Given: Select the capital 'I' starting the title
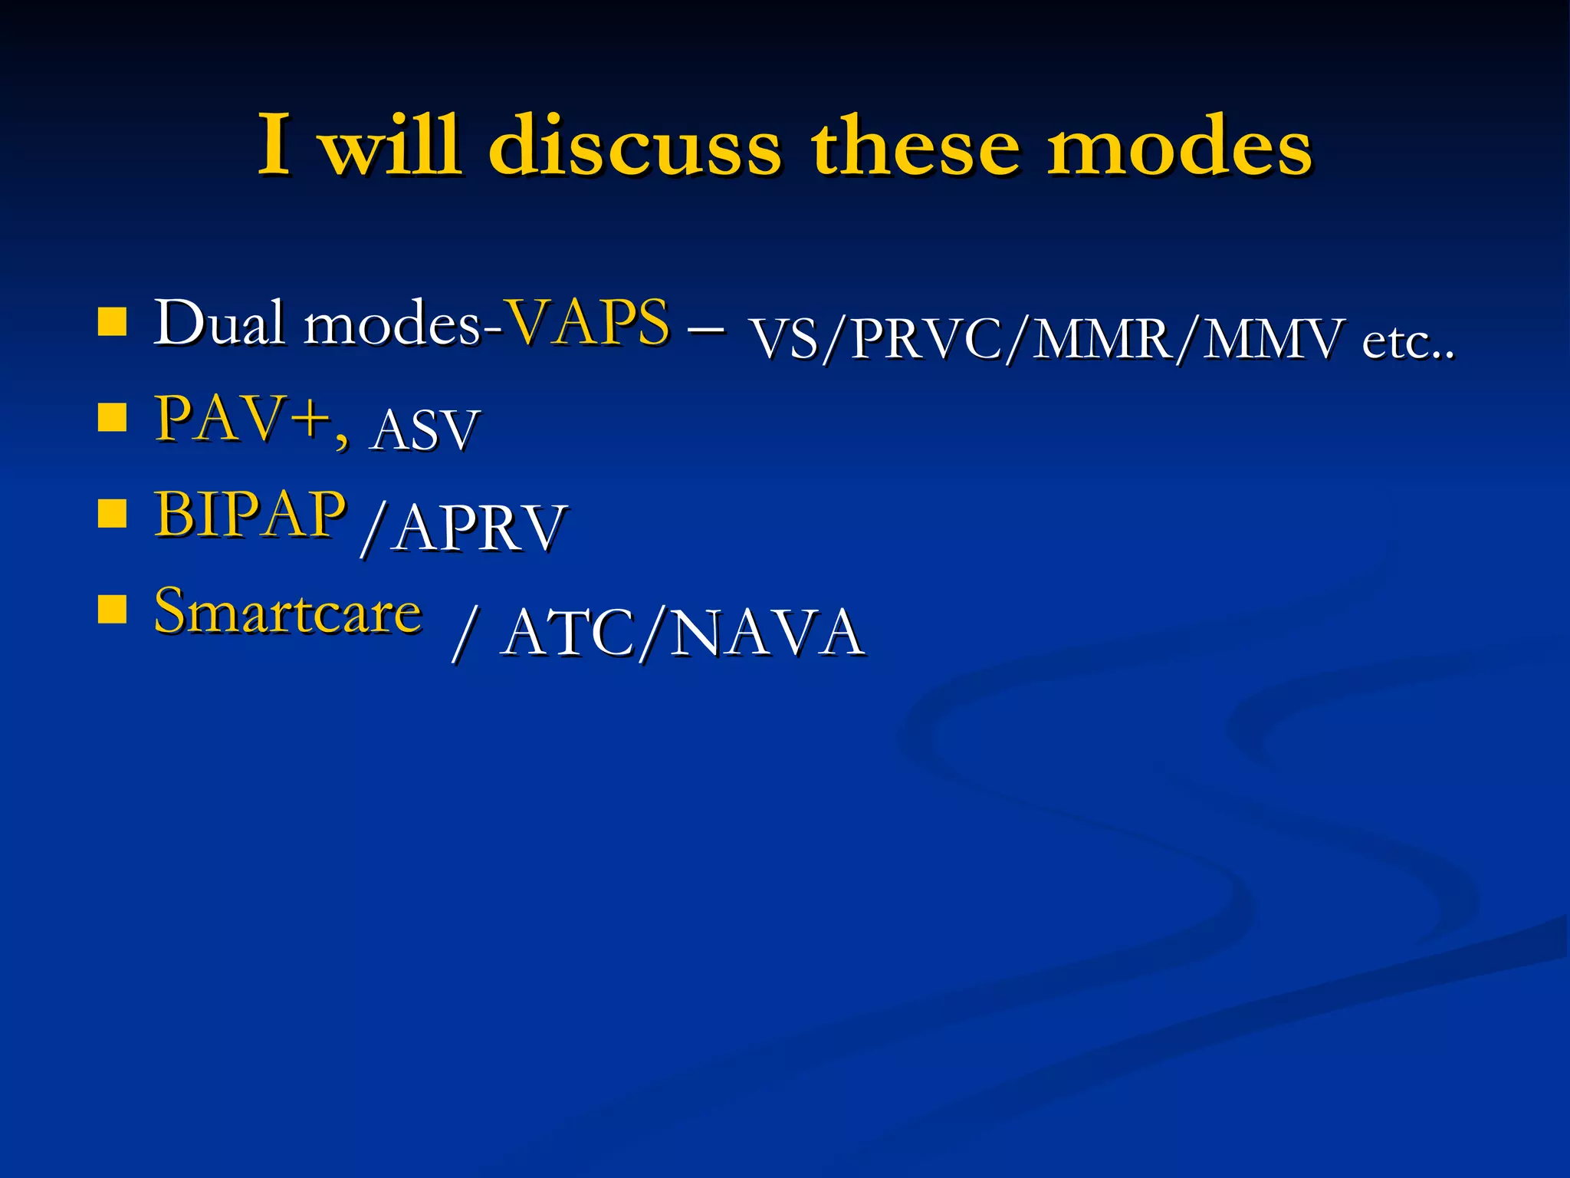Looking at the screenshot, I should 274,146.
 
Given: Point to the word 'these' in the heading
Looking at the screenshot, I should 915,146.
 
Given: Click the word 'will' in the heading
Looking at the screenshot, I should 391,146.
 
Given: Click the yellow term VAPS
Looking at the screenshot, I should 589,323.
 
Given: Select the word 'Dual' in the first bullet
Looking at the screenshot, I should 218,323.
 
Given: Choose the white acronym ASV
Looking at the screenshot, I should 424,430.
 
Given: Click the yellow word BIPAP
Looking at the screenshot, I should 250,515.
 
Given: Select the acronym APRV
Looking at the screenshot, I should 480,528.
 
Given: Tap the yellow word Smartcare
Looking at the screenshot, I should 287,612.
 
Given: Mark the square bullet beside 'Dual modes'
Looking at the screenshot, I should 112,323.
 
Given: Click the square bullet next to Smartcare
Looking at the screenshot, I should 112,610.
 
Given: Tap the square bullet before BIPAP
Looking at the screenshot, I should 112,515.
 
